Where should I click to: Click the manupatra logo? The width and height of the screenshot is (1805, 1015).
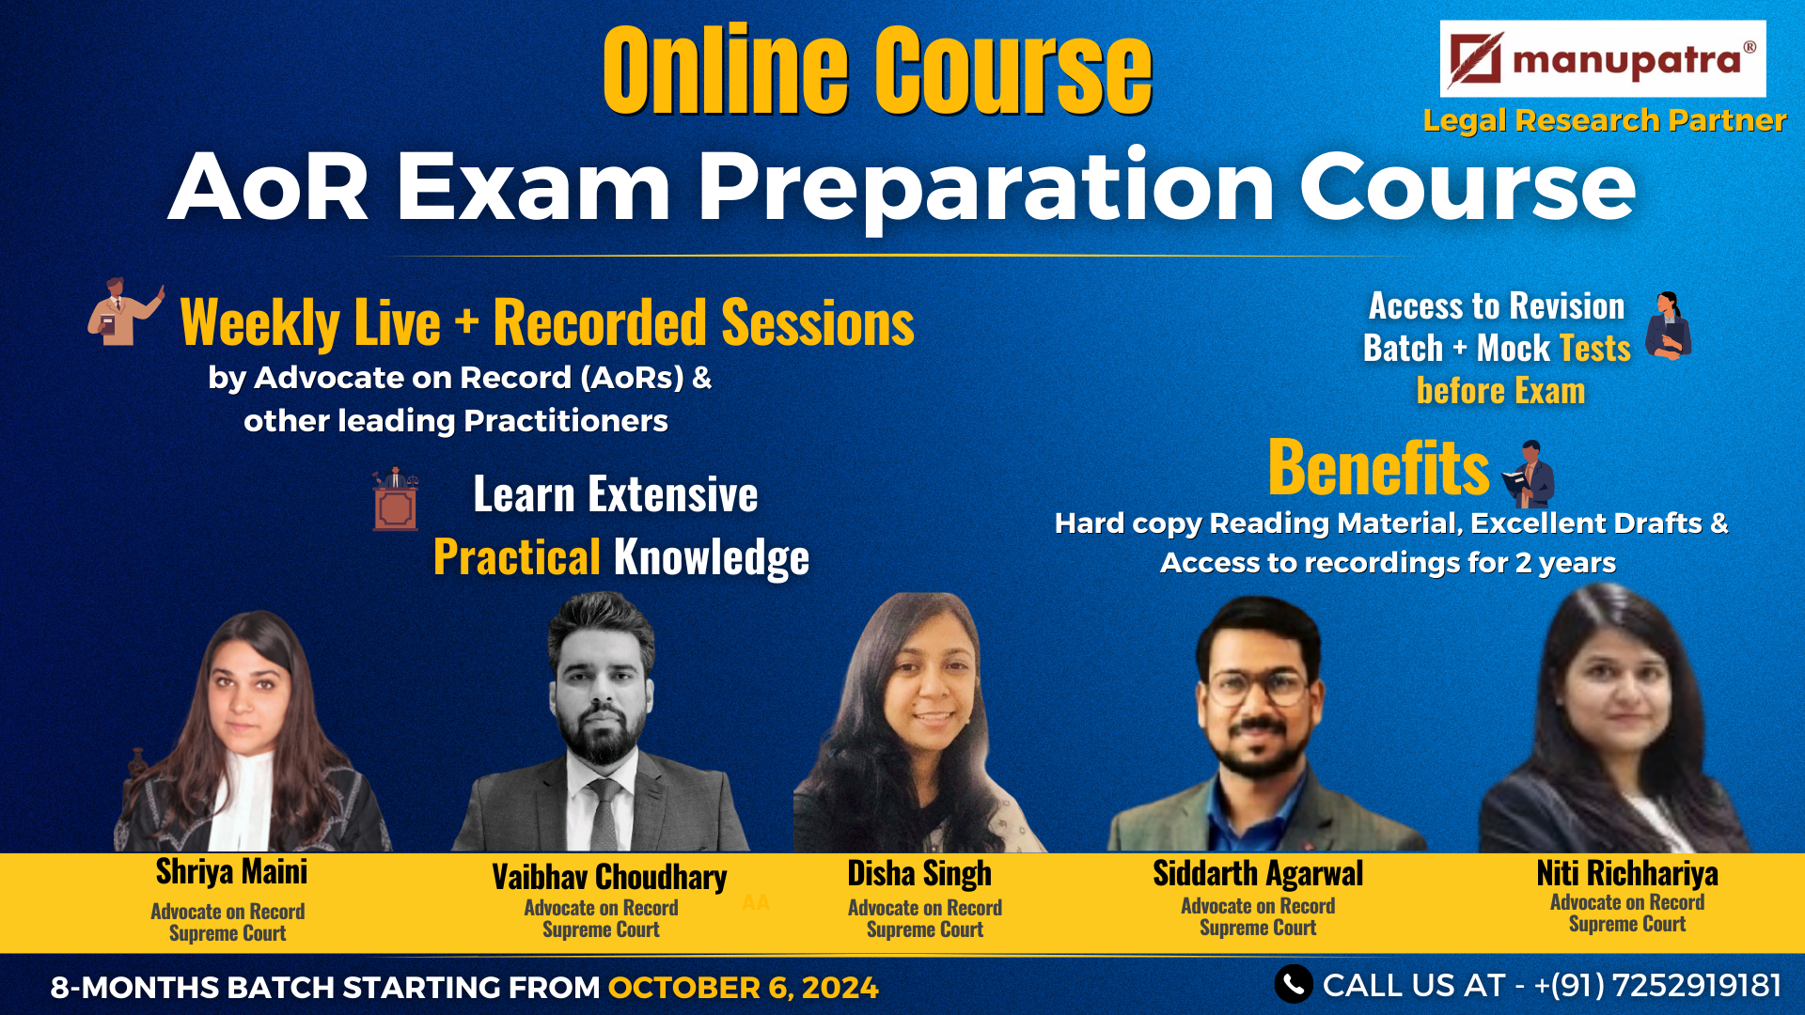pos(1603,59)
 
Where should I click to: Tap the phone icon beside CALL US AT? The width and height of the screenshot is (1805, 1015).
pos(1294,984)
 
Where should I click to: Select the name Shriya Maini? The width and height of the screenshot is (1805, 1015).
pos(231,872)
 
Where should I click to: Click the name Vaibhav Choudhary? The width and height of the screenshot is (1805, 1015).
pos(609,877)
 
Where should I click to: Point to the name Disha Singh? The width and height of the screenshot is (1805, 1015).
pos(919,873)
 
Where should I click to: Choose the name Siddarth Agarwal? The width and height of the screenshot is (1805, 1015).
pos(1258,873)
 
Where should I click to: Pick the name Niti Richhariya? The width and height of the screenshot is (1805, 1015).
pos(1627,873)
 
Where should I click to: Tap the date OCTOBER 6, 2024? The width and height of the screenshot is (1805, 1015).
pos(743,988)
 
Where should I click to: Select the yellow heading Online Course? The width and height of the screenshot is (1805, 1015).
pos(878,70)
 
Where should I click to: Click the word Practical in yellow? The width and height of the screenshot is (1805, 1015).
pos(517,556)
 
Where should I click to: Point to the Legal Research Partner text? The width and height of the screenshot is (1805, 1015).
pos(1604,120)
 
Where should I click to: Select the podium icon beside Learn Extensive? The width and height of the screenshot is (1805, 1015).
pos(396,498)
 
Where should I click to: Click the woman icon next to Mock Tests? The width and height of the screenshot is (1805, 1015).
pos(1668,326)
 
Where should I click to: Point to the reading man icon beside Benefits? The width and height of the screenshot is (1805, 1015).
pos(1529,474)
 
